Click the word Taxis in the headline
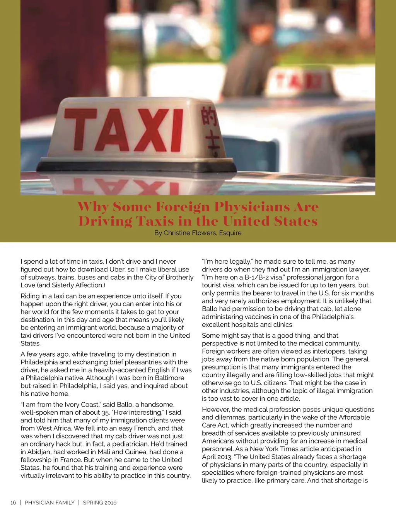(154, 221)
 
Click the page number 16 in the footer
(13, 503)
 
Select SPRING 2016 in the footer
(99, 503)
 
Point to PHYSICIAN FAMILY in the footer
(49, 503)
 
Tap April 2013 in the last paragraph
(217, 457)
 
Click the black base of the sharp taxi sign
(135, 166)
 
